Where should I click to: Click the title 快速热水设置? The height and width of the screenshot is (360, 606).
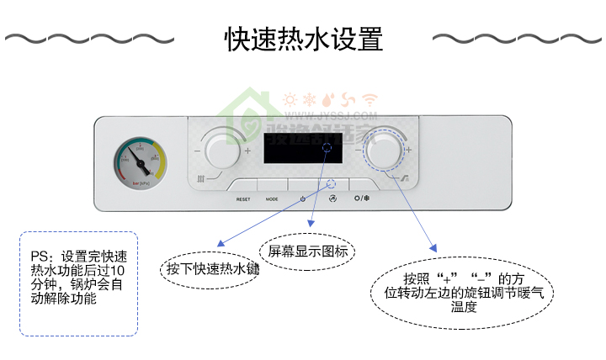[x=303, y=39]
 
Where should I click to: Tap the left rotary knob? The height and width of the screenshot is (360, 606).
[x=221, y=151]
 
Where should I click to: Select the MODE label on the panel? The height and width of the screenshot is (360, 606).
[x=272, y=199]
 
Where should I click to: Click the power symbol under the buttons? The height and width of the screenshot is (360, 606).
[x=303, y=199]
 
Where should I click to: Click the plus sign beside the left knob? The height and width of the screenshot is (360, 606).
[x=247, y=151]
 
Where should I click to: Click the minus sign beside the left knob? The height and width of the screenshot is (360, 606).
[x=197, y=151]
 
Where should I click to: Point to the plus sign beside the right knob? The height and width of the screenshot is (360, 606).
[x=408, y=151]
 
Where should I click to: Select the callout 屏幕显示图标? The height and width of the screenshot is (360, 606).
[x=307, y=251]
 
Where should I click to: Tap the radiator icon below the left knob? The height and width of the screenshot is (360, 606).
[x=201, y=179]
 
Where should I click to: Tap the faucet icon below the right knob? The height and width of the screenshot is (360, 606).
[x=405, y=179]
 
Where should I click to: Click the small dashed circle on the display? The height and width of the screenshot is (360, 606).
[x=327, y=149]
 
